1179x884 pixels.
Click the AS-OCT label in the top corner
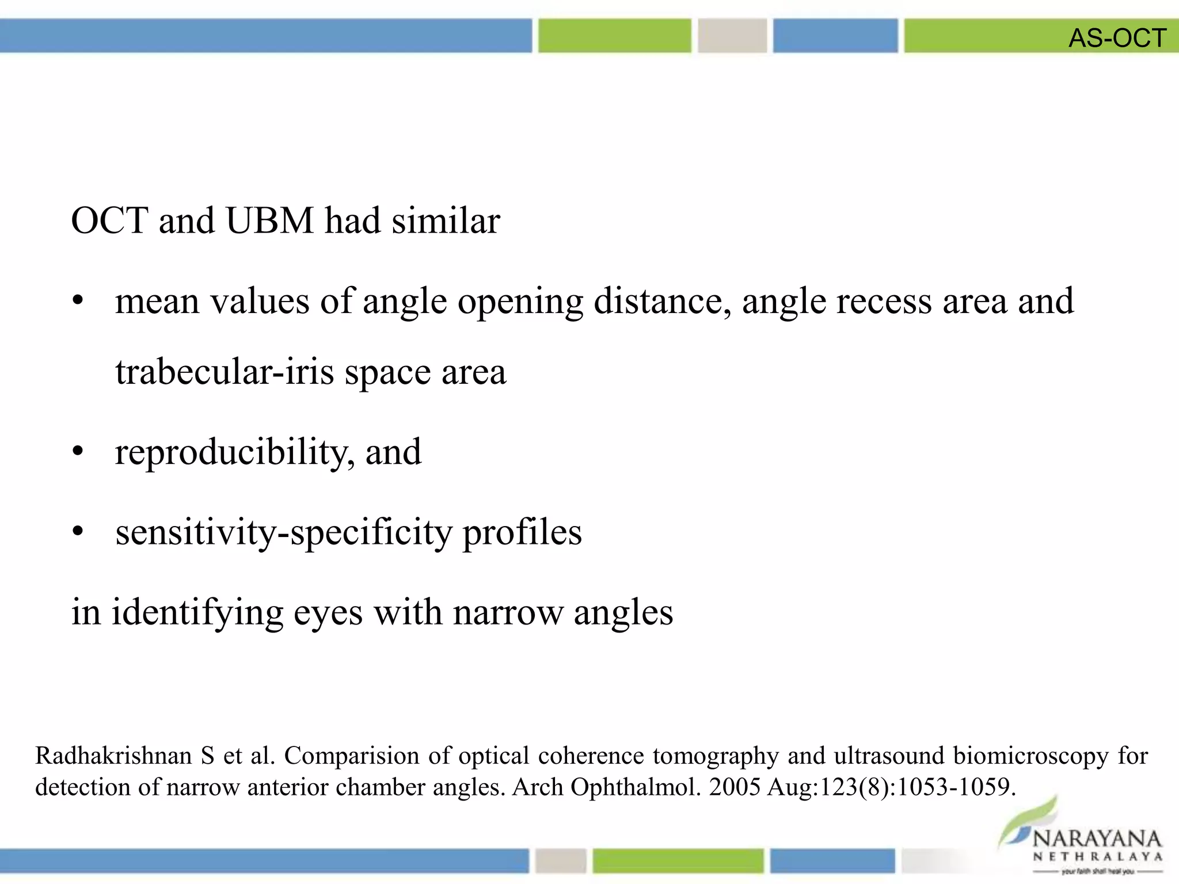point(1117,38)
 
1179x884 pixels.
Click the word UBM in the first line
point(270,220)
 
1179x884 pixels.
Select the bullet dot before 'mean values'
point(78,301)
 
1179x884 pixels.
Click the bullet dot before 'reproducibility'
point(78,452)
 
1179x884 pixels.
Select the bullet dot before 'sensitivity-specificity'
point(78,532)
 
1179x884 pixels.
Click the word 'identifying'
point(197,613)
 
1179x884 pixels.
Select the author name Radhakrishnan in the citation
point(113,756)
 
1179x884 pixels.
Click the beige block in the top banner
point(732,36)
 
